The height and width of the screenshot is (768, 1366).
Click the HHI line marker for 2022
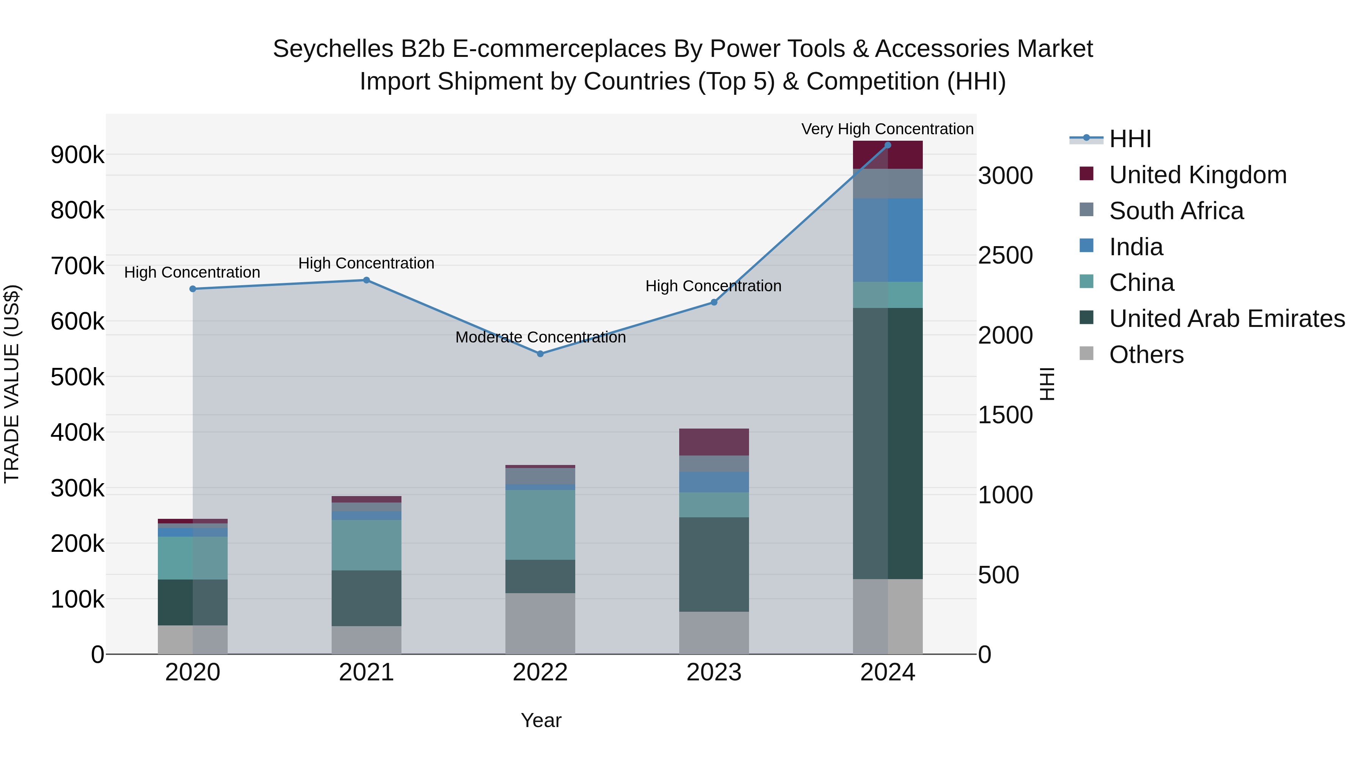(540, 353)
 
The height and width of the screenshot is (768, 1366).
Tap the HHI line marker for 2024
(888, 145)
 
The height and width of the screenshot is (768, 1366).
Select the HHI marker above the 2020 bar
(192, 289)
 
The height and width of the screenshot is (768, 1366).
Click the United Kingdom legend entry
(1198, 175)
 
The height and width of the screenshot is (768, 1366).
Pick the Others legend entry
(1146, 355)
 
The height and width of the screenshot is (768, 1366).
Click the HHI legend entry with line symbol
(1130, 139)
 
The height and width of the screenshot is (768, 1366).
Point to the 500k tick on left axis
(77, 377)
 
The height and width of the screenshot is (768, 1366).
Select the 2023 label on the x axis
(714, 672)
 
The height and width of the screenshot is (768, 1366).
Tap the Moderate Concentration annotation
(540, 337)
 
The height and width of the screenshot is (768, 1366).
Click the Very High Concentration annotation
(887, 129)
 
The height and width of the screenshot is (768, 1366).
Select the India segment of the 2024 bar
(888, 240)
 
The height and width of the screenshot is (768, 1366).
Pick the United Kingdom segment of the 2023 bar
(714, 442)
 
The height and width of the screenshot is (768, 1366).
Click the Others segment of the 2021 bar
(367, 640)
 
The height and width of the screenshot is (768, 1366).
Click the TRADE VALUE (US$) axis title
(12, 384)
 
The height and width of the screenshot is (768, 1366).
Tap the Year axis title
(541, 720)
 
